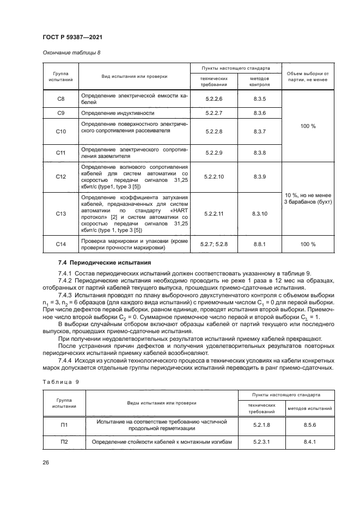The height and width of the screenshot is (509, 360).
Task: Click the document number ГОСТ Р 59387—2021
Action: point(72,36)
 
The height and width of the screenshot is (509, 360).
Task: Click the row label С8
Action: point(61,99)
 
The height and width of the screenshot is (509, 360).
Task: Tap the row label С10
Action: point(61,131)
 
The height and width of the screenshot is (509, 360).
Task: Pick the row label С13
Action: point(61,214)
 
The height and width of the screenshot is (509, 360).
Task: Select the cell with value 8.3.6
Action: point(259,113)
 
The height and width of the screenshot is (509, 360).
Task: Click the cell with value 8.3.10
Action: point(259,214)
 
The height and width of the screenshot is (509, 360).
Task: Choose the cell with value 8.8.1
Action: point(259,244)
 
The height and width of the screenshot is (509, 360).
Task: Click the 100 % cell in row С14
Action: point(308,244)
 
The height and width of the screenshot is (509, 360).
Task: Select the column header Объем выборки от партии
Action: point(308,77)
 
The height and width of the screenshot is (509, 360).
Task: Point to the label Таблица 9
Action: point(60,382)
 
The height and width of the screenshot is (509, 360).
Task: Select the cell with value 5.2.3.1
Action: point(263,442)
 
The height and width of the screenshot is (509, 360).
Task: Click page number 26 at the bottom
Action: point(46,463)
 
